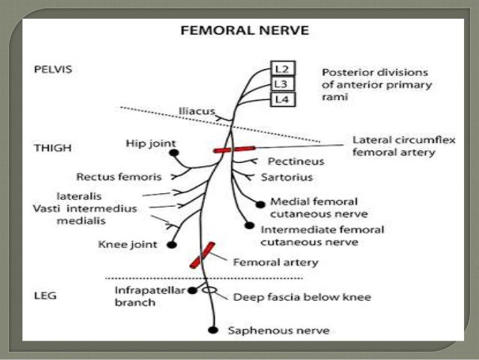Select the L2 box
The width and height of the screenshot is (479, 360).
[279, 69]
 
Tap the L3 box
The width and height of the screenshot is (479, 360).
[279, 83]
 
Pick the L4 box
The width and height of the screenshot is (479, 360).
[279, 98]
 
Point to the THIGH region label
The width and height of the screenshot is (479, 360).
[53, 148]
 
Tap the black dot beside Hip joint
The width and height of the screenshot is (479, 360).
[174, 153]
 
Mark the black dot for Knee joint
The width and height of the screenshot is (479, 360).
[172, 244]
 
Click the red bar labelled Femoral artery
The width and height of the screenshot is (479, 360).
[203, 255]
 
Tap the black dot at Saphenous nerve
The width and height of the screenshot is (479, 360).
[214, 330]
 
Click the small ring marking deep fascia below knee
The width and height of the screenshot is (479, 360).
[212, 289]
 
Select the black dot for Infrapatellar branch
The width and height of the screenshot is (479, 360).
[193, 289]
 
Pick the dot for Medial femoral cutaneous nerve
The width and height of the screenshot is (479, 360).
[260, 203]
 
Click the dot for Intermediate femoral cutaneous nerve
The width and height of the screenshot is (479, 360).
[249, 225]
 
